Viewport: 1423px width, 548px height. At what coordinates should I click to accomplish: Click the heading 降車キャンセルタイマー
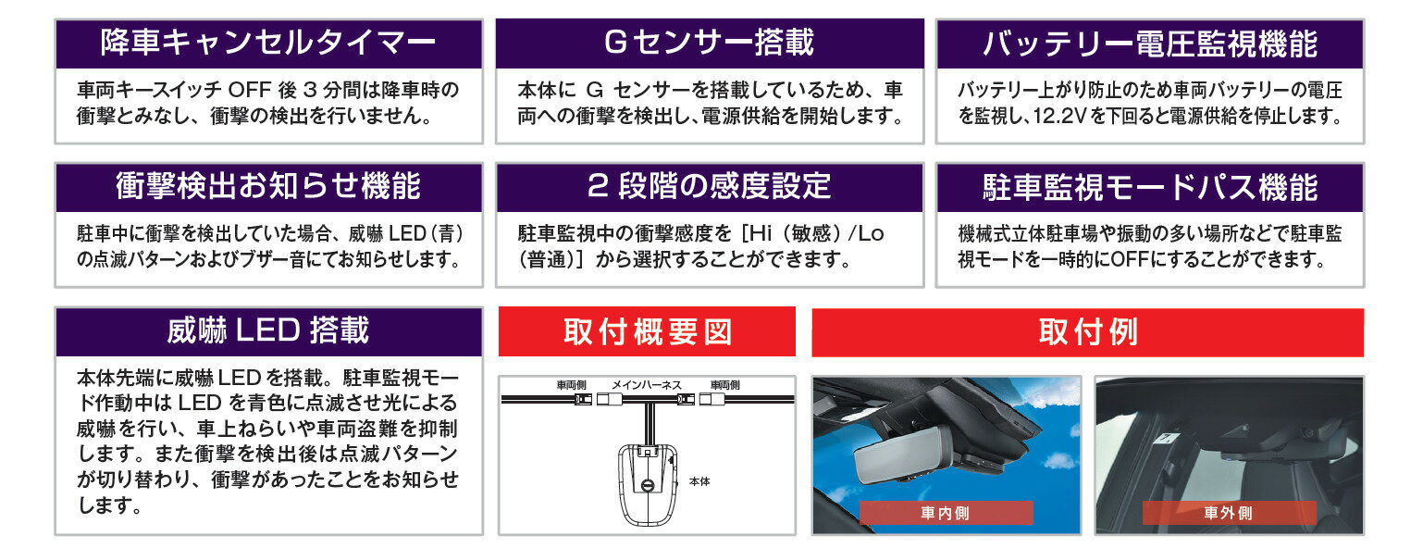coord(268,44)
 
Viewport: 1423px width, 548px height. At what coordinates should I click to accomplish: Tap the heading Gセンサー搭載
coord(709,43)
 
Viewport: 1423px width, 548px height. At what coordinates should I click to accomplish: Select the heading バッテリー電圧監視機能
coord(1150,44)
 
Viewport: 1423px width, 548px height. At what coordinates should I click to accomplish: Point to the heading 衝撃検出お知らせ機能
coord(268,187)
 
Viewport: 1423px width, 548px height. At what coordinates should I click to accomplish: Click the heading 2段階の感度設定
coord(709,186)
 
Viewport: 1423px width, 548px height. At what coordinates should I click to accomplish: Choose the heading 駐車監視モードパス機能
coord(1150,188)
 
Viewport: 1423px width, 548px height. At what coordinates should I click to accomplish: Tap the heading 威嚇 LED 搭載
coord(268,330)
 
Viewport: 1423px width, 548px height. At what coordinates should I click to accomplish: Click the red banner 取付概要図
coord(648,331)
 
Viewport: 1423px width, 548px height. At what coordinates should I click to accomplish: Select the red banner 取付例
coord(1087,332)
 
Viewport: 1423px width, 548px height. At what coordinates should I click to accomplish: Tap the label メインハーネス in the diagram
coord(647,385)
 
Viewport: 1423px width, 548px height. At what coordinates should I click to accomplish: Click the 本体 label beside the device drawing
coord(699,482)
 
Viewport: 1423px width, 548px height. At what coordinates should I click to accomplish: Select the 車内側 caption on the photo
coord(946,513)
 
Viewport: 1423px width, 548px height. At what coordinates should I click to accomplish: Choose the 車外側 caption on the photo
coord(1228,513)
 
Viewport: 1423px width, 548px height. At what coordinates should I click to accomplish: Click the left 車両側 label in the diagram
coord(571,385)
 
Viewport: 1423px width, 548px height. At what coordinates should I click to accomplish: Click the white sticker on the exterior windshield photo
coord(1166,440)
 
